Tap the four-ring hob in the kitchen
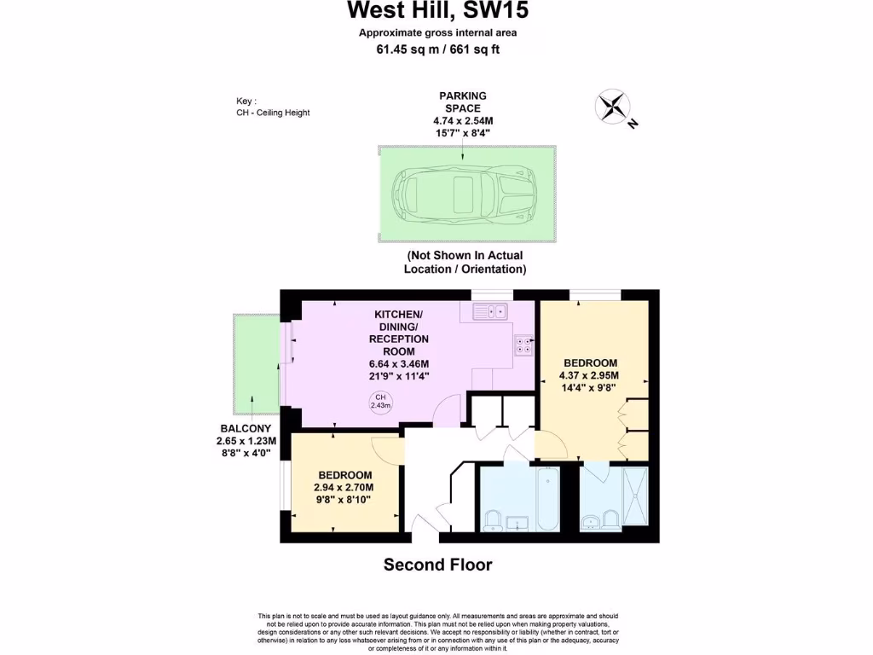[x=523, y=345]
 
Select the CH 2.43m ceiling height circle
[x=379, y=402]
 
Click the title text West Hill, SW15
[x=436, y=11]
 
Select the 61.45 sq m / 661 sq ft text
[x=436, y=49]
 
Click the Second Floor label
[x=437, y=565]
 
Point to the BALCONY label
[x=246, y=428]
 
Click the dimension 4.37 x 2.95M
[x=588, y=374]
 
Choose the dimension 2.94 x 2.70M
[x=344, y=488]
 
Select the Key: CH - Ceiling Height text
[x=273, y=107]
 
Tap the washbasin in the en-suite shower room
[x=590, y=521]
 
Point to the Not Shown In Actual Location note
[x=465, y=262]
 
